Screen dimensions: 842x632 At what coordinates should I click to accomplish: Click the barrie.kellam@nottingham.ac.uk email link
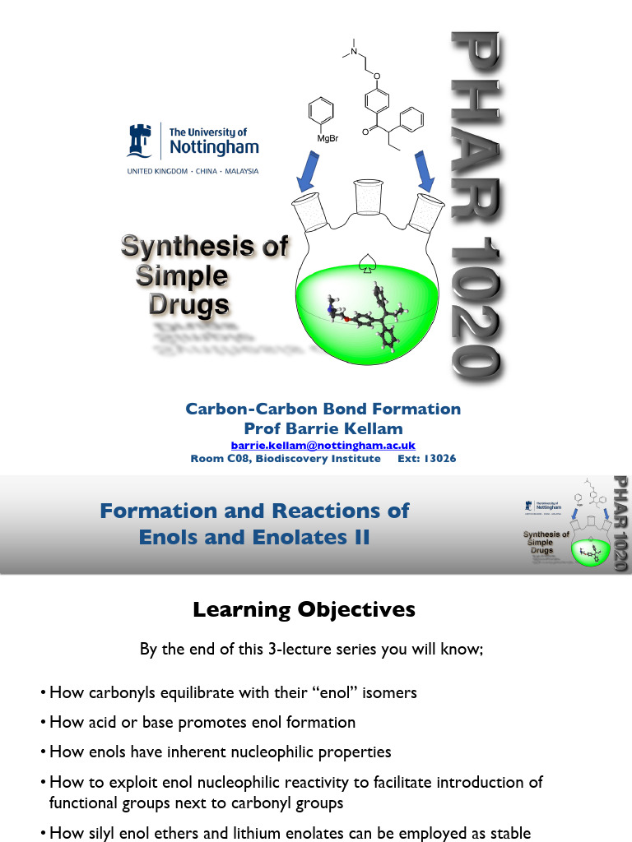317,445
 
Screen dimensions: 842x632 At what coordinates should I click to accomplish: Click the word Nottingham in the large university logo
213,148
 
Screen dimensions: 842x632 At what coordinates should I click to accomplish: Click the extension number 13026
439,458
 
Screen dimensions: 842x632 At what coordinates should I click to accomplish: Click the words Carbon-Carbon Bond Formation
323,409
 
